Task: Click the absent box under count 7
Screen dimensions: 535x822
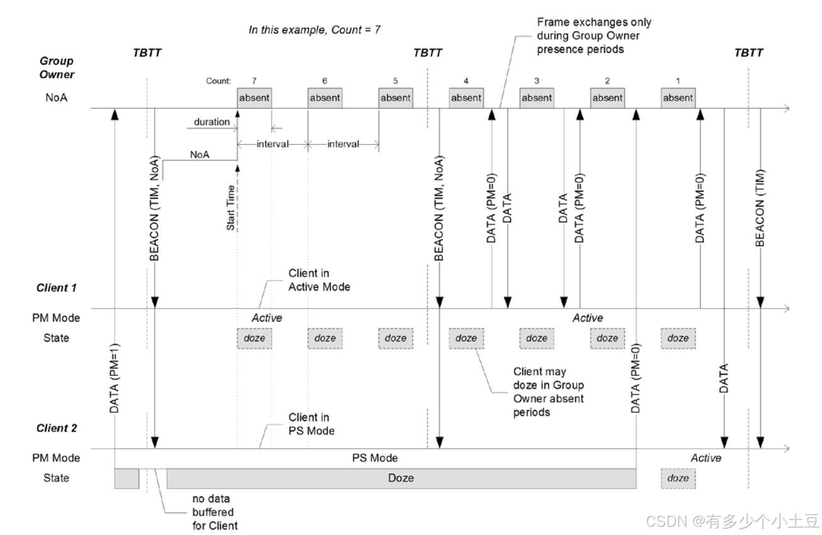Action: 254,98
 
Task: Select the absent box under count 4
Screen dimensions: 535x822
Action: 466,98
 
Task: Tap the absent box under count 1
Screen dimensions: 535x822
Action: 678,98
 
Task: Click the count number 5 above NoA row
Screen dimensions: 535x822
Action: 395,81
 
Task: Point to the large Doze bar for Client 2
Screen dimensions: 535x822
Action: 401,478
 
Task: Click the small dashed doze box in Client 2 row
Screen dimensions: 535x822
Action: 678,478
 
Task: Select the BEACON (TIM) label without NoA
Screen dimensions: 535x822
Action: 760,208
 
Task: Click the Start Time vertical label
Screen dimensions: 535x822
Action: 231,208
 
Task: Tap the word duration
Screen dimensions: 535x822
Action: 211,122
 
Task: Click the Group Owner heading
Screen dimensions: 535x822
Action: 57,67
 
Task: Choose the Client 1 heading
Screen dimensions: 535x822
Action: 57,288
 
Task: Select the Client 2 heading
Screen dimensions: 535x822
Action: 57,429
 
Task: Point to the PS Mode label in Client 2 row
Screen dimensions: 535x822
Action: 374,458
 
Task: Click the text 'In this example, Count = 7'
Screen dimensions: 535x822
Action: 314,30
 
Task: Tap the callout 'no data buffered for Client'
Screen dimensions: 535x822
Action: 215,512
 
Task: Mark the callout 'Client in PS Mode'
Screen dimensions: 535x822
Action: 312,424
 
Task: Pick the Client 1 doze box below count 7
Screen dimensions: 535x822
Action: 254,338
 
